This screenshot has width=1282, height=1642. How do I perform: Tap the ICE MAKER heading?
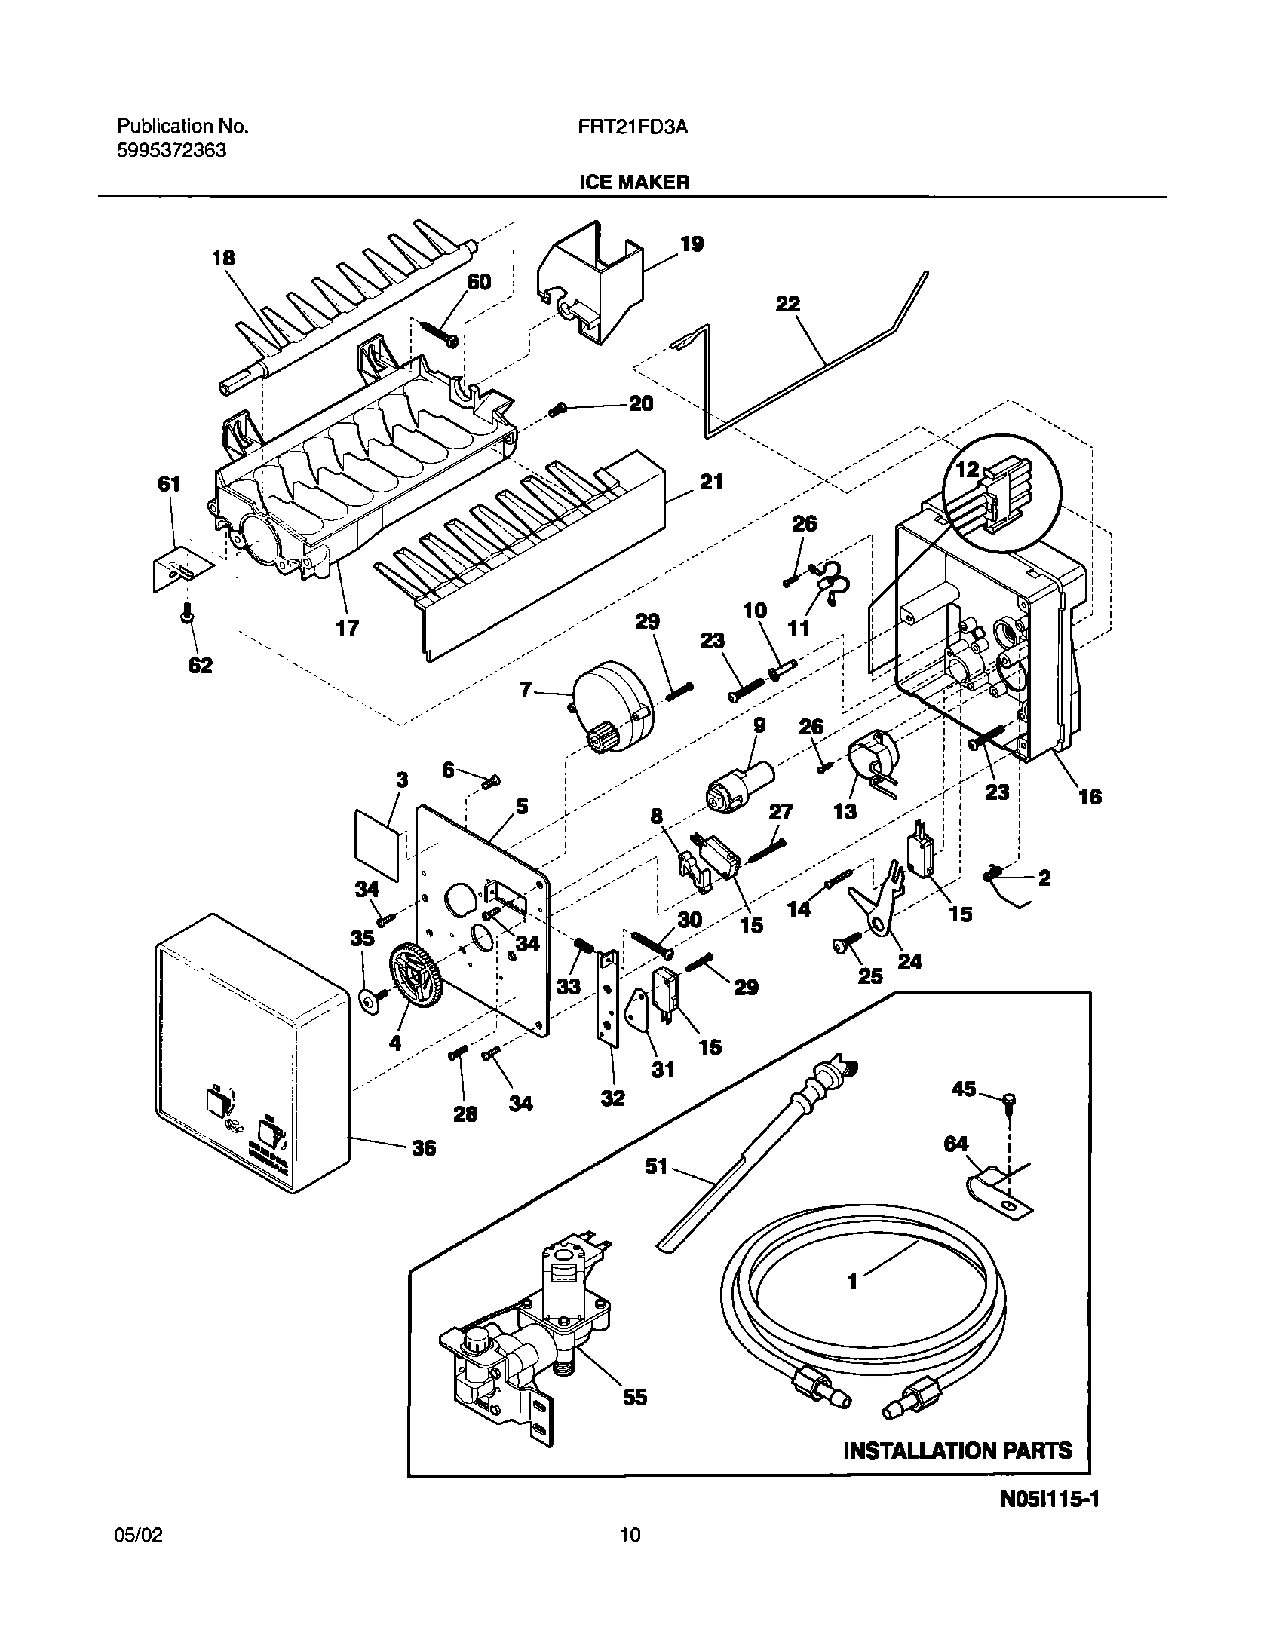(x=633, y=182)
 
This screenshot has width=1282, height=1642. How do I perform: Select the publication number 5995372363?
(x=171, y=150)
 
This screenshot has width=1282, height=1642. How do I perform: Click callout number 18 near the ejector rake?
(x=223, y=259)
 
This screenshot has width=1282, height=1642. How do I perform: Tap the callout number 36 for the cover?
(x=424, y=1148)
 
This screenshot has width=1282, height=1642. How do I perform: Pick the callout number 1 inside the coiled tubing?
(x=853, y=1282)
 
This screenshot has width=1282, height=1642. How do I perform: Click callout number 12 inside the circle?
(x=968, y=470)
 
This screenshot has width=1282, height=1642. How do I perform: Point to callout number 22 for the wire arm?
(x=788, y=304)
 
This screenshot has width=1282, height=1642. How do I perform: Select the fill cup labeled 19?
(x=592, y=286)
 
